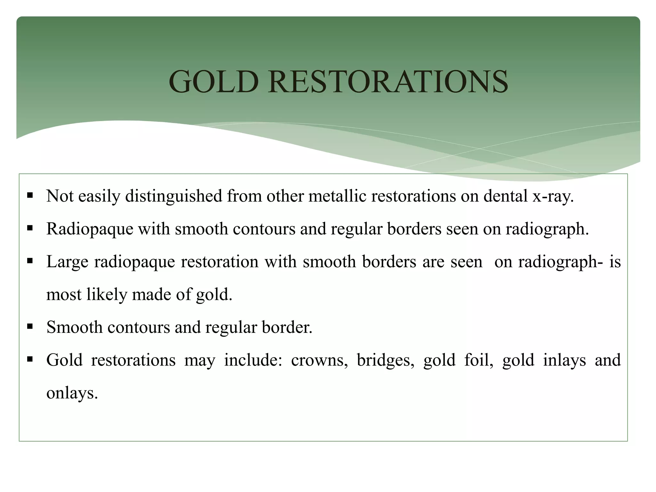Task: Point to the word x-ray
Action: pyautogui.click(x=553, y=196)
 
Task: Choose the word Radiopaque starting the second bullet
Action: pyautogui.click(x=90, y=229)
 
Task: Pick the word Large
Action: pyautogui.click(x=67, y=262)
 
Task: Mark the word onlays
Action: pyautogui.click(x=72, y=393)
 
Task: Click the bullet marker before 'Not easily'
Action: pyautogui.click(x=30, y=195)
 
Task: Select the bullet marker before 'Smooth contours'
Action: pyautogui.click(x=30, y=326)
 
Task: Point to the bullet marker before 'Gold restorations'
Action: pyautogui.click(x=30, y=359)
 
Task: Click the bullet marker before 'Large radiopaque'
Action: pyautogui.click(x=30, y=261)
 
